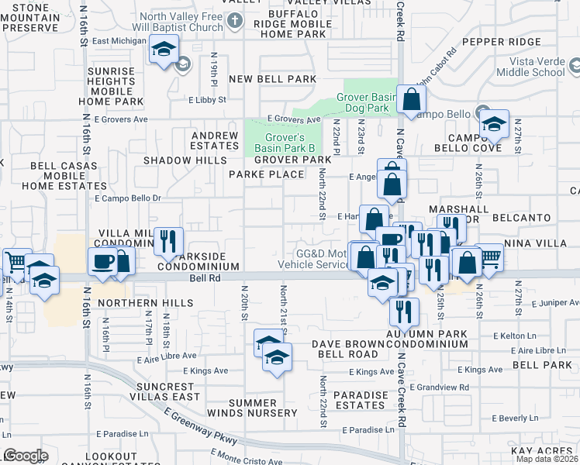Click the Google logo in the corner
tap(26, 456)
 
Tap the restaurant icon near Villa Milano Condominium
tap(167, 242)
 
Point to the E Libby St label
tap(207, 100)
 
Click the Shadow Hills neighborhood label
tap(180, 160)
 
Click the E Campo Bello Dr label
tap(127, 198)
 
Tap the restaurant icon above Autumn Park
tap(403, 311)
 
